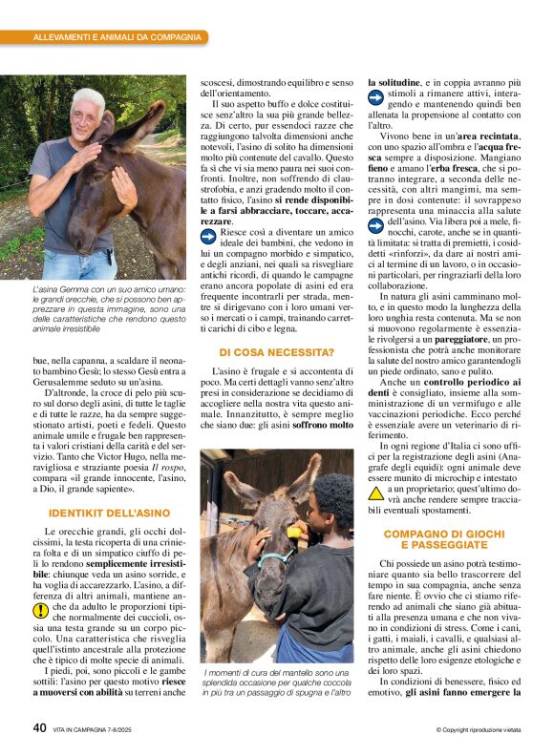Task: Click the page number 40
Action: (39, 727)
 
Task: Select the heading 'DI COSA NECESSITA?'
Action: (270, 353)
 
